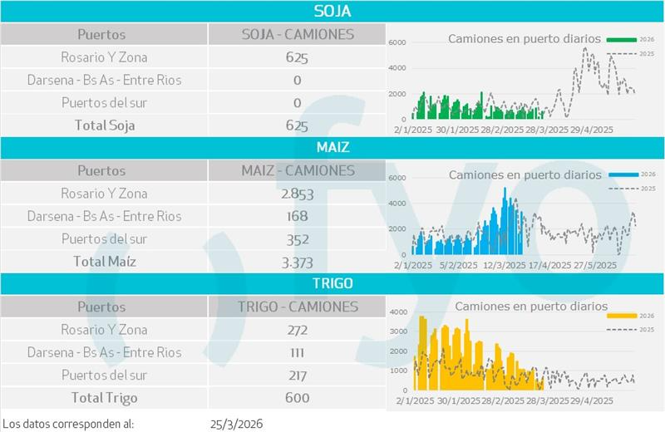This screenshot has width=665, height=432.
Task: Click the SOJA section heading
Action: pos(332,11)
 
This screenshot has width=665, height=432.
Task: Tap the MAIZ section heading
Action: pos(332,147)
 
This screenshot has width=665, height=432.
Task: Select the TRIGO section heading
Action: pos(332,283)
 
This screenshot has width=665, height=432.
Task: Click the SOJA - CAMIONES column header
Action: pos(297,35)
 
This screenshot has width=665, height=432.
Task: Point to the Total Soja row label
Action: pos(103,126)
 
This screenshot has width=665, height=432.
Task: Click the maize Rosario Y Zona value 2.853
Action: pos(297,194)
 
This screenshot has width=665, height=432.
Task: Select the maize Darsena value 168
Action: pos(297,217)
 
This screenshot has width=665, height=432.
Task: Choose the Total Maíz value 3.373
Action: pos(297,263)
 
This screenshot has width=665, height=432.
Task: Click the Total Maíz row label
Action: pos(104,262)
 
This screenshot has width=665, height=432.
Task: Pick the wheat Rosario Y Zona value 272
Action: pos(297,330)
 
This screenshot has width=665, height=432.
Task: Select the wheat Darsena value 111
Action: pos(297,353)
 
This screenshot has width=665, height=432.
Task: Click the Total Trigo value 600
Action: pos(297,398)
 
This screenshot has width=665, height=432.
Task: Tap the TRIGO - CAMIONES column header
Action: pos(297,307)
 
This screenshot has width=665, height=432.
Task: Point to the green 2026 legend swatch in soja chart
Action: pos(621,39)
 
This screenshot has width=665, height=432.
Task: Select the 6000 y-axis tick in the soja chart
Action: pos(397,42)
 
